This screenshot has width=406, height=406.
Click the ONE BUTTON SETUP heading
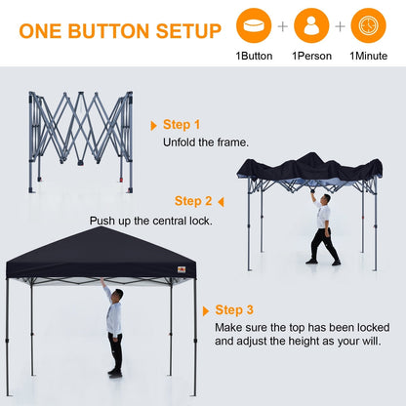point(120,30)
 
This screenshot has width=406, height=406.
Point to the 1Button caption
point(254,57)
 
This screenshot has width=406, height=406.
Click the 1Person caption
point(311,57)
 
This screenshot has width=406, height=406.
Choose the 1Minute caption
point(369,57)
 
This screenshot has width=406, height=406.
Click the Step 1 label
point(182,125)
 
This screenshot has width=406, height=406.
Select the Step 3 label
point(235,310)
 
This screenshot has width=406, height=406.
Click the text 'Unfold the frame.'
point(206,142)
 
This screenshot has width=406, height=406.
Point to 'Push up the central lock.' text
point(151,221)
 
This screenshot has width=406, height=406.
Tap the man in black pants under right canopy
point(323,228)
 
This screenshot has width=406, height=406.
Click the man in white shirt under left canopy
point(114,327)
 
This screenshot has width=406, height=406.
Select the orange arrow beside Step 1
point(154,126)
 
